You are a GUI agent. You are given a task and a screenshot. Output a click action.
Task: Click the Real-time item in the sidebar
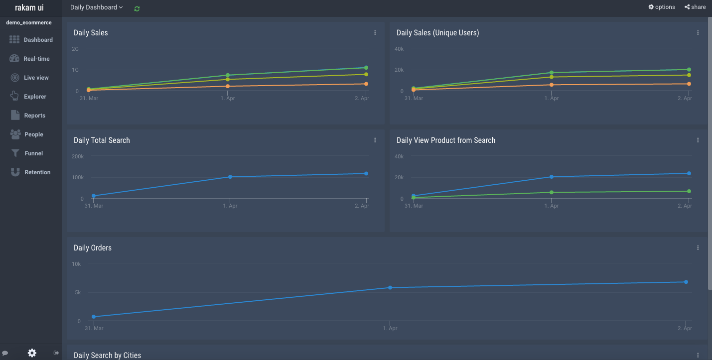(x=30, y=59)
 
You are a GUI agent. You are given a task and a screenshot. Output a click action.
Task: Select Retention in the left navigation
(x=31, y=172)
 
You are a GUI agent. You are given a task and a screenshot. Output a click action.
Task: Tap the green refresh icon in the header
(x=137, y=8)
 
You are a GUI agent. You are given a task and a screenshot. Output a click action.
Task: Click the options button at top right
(x=662, y=7)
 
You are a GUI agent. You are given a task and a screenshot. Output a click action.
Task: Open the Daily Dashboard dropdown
(x=96, y=7)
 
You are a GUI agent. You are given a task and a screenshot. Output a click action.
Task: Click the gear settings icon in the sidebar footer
(x=32, y=353)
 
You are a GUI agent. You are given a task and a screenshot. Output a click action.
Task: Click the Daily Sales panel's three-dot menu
(x=375, y=33)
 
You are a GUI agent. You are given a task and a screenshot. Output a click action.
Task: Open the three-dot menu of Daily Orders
(x=698, y=248)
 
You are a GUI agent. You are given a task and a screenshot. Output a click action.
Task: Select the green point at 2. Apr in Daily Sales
(x=366, y=68)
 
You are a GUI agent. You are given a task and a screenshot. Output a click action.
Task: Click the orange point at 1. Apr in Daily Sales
(x=228, y=86)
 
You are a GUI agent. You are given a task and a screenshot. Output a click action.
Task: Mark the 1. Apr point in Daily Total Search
(x=230, y=177)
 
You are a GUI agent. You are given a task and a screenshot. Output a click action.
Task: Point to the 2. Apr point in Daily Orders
(x=686, y=282)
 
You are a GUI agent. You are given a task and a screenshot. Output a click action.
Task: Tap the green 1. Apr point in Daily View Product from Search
(x=552, y=192)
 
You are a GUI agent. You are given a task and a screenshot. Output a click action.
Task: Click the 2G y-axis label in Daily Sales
(x=75, y=49)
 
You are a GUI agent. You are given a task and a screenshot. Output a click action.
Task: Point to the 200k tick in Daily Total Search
(x=78, y=156)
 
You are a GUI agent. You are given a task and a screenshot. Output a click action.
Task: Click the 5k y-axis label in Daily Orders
(x=78, y=293)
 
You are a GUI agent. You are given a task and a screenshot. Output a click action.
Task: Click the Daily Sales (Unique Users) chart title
(x=437, y=33)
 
